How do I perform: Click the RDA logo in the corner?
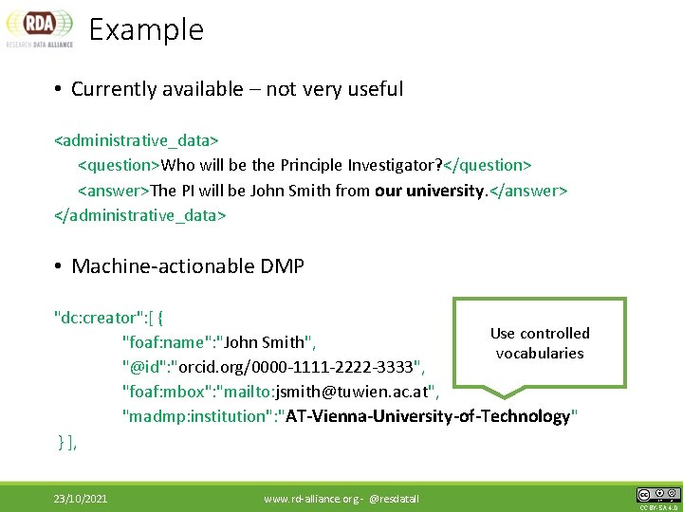click(39, 28)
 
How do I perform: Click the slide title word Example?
click(146, 29)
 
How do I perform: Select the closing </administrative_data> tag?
click(140, 215)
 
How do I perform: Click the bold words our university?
click(430, 190)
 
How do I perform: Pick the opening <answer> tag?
click(113, 190)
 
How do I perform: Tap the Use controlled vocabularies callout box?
click(540, 343)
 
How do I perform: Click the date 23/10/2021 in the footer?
click(81, 498)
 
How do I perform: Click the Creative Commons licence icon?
click(658, 494)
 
